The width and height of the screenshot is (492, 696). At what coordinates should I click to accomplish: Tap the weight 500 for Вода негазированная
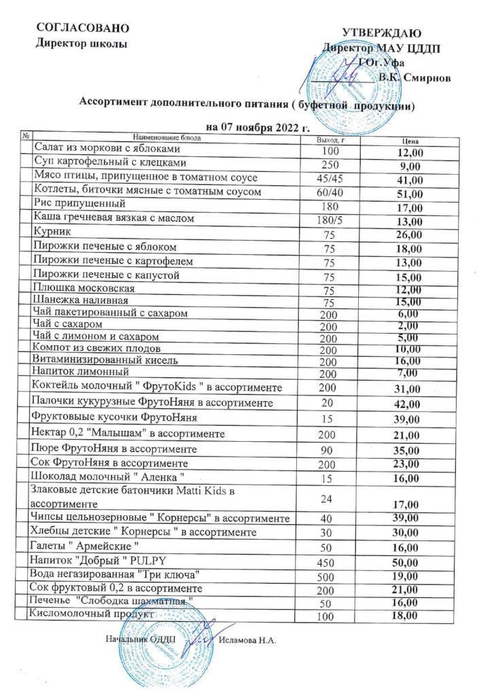coord(328,575)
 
